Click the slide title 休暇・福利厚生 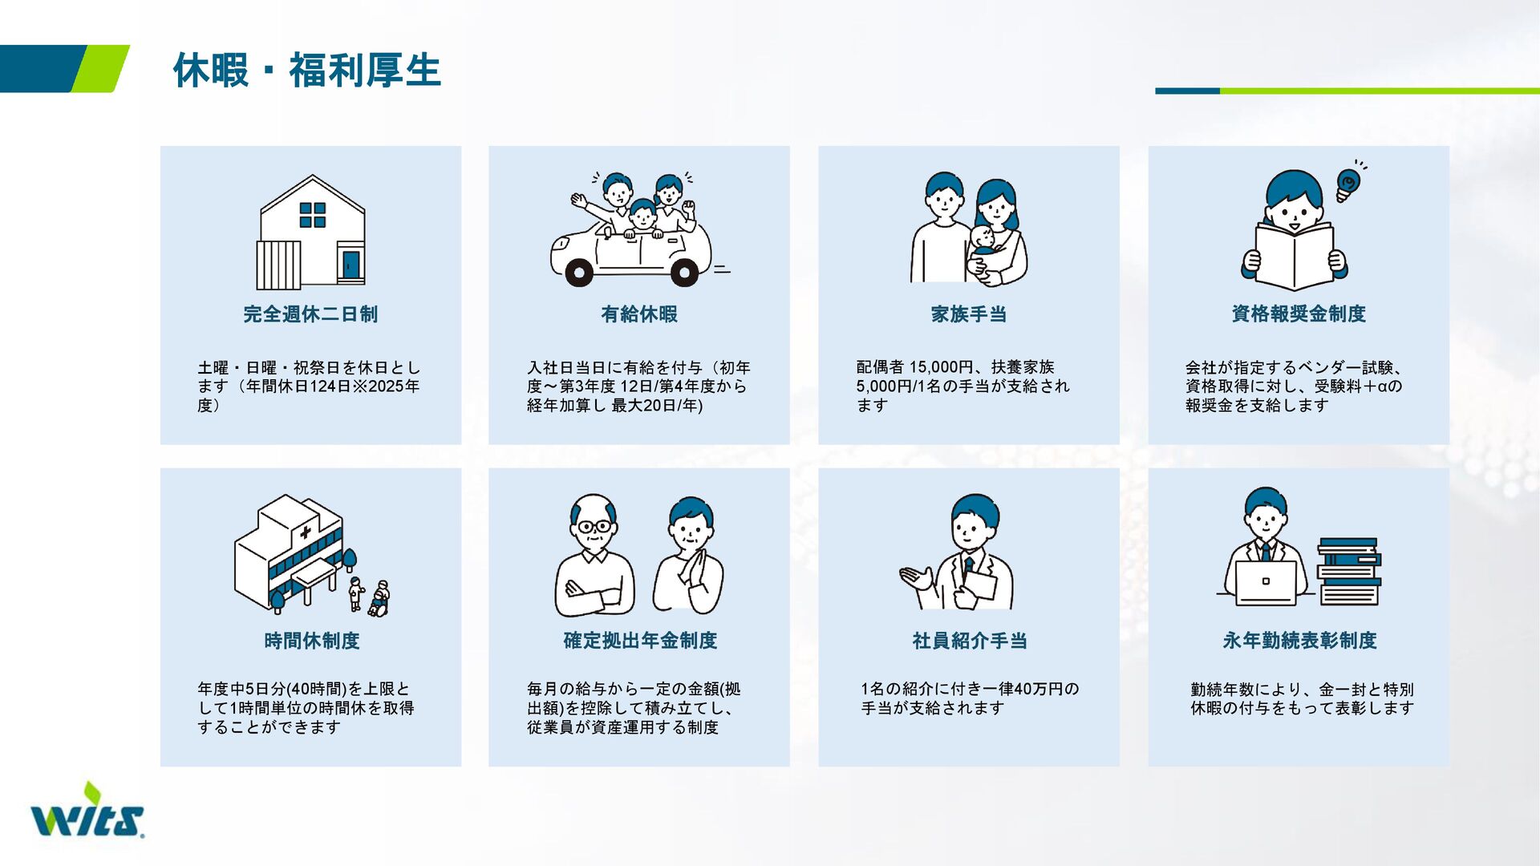click(307, 71)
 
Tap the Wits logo click(87, 811)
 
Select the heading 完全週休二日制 click(310, 314)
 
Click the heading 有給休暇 click(639, 314)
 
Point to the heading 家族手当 click(969, 314)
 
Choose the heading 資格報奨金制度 click(1299, 314)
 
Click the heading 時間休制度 click(312, 641)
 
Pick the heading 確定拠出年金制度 click(640, 641)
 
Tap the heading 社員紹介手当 click(970, 641)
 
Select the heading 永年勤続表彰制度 click(1299, 641)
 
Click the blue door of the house click(351, 265)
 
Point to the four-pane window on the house click(313, 215)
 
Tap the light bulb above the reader click(1347, 185)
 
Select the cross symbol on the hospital click(306, 532)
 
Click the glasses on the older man click(594, 527)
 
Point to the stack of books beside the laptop click(1349, 572)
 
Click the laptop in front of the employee click(1266, 583)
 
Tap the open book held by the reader click(1295, 256)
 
